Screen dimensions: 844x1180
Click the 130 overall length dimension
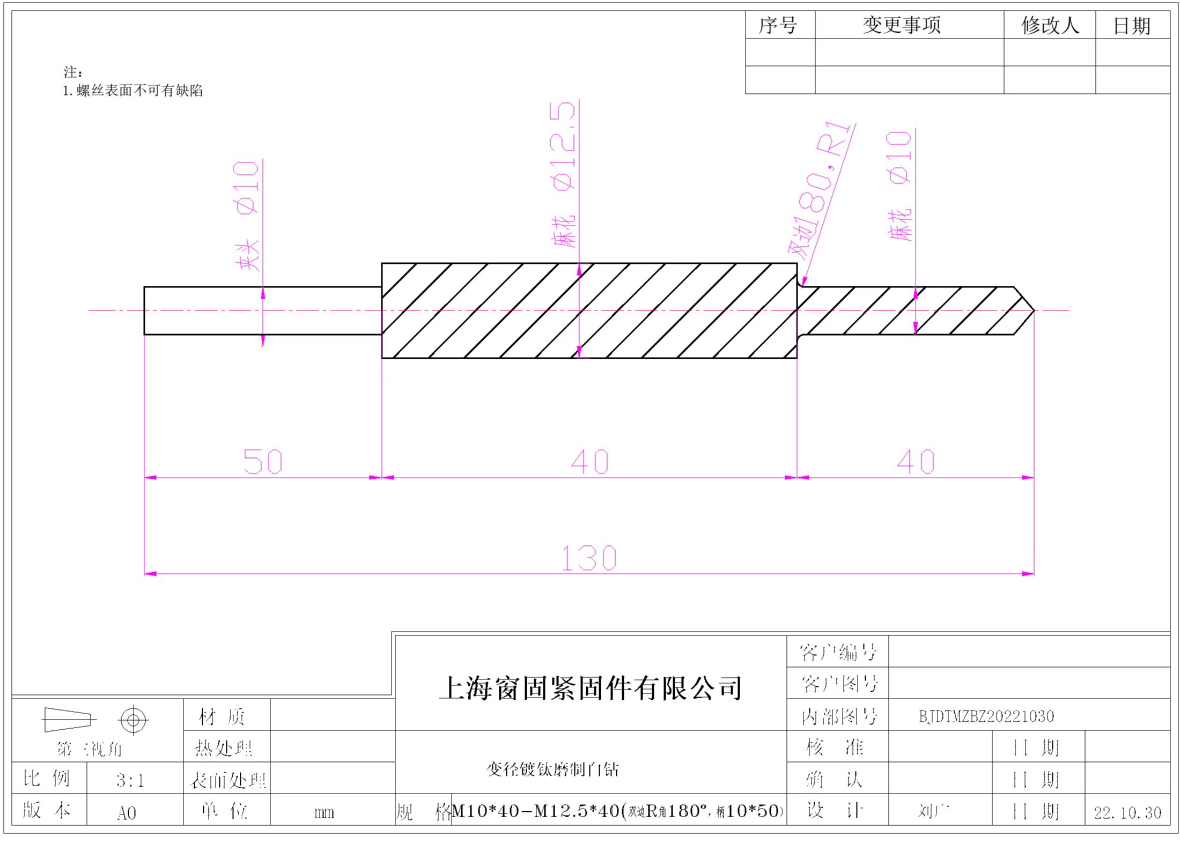(589, 558)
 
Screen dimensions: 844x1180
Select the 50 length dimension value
(263, 461)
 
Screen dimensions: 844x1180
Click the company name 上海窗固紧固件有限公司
(591, 688)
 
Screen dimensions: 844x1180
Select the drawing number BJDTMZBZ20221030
(986, 716)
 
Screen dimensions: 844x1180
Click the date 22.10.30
(1127, 813)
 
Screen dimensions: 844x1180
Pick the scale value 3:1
(130, 780)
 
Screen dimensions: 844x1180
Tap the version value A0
(127, 813)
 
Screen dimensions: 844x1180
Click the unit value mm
(324, 813)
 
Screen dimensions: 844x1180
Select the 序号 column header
(778, 25)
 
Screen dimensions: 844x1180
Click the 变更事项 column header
(902, 25)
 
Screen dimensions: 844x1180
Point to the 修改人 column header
(1050, 25)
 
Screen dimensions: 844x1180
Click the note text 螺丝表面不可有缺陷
(139, 91)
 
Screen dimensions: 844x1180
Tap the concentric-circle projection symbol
(134, 720)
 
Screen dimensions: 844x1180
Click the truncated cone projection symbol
(68, 720)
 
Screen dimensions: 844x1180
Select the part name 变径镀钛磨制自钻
(552, 770)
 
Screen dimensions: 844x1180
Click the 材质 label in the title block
(222, 716)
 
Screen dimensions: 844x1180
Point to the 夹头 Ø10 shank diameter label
(247, 214)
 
